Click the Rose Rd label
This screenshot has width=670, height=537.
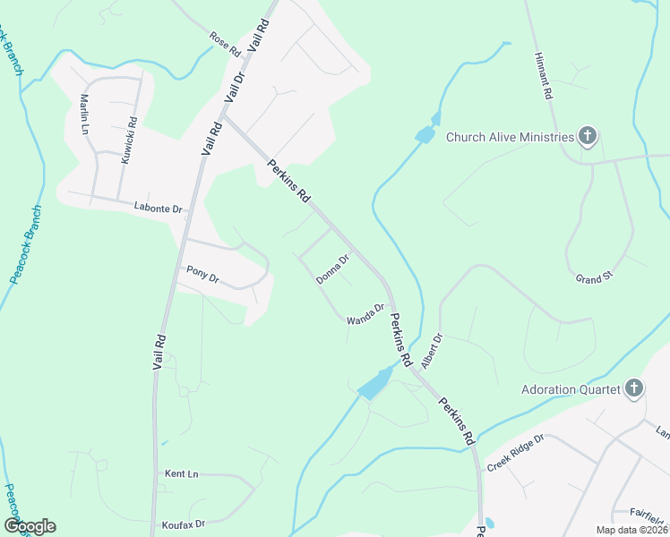225,44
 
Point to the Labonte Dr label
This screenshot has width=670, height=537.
158,208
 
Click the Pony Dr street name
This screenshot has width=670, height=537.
202,273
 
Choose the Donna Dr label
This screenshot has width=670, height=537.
331,269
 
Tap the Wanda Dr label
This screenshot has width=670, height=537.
365,313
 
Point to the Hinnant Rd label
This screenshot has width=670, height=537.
544,74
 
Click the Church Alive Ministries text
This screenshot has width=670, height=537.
509,137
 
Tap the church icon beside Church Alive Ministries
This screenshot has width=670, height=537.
588,137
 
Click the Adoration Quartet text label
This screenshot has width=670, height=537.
571,389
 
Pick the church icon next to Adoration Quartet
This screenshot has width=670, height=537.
634,388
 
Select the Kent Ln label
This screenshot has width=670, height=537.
181,473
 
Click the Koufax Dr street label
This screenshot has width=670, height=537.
184,523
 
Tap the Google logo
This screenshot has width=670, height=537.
30,526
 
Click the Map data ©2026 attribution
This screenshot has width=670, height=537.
631,530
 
